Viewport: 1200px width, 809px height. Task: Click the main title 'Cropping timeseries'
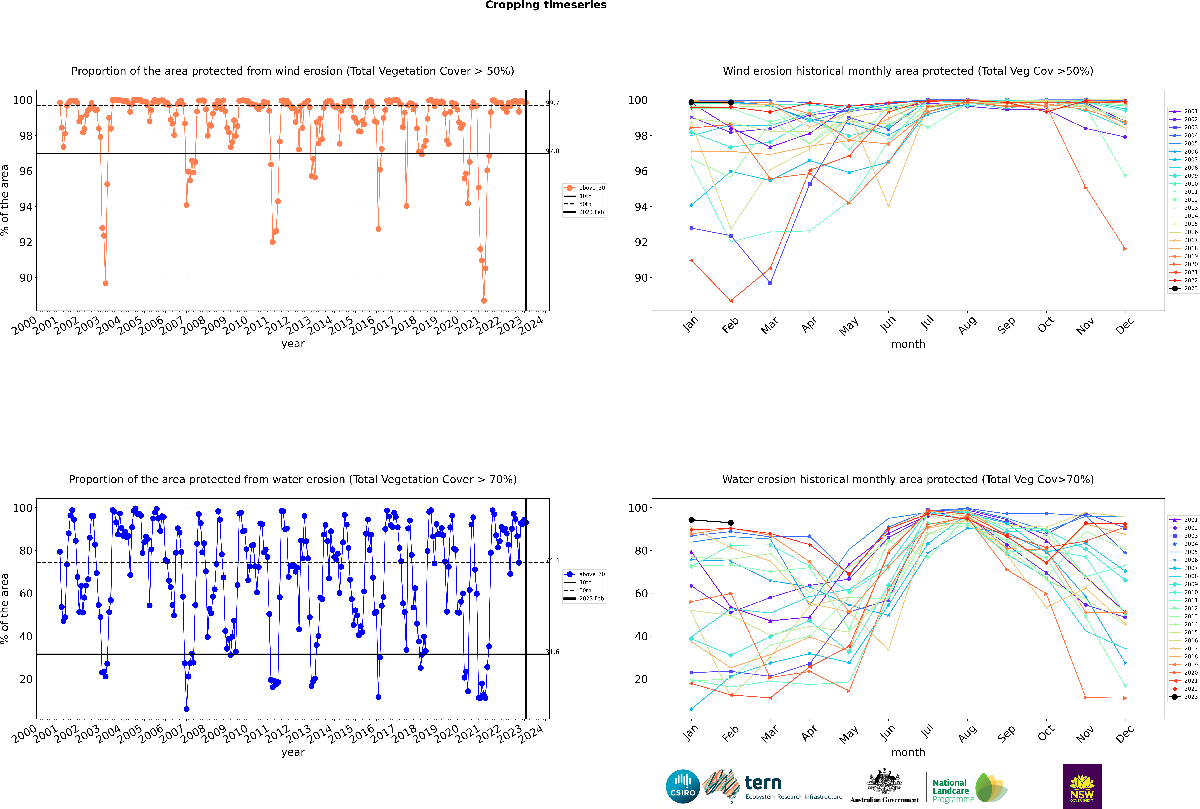click(x=546, y=5)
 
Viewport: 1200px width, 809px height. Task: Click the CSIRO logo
click(x=683, y=786)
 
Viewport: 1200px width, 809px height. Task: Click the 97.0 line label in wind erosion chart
click(x=552, y=151)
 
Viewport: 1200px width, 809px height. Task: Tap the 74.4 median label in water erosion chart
click(x=552, y=560)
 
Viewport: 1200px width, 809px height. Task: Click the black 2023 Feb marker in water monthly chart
click(x=731, y=523)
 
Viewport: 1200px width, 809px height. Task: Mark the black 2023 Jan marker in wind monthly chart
click(x=691, y=102)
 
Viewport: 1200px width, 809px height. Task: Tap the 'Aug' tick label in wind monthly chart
click(x=967, y=325)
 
